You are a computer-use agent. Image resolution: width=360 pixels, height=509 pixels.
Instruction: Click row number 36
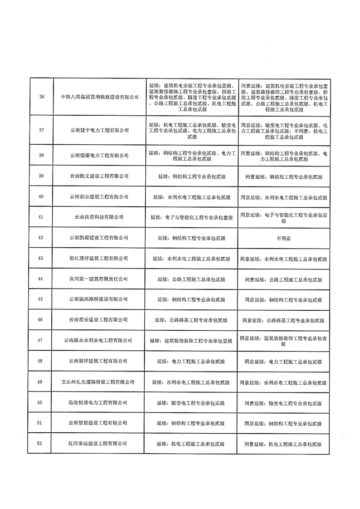coord(42,97)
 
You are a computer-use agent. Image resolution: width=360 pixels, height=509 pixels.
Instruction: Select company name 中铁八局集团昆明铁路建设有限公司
coord(99,97)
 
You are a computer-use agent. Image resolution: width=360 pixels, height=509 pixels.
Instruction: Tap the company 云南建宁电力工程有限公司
coord(99,130)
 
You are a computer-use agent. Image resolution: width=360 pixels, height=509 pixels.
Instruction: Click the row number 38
coord(42,155)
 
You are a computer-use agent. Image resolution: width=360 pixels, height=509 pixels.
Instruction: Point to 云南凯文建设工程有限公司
coord(99,176)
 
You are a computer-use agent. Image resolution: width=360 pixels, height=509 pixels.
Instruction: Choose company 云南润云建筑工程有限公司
coord(99,197)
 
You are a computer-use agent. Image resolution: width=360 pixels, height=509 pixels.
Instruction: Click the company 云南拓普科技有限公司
coord(99,217)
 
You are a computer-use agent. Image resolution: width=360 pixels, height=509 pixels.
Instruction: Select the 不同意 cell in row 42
coord(283,238)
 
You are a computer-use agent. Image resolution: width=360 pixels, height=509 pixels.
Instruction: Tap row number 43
coord(42,258)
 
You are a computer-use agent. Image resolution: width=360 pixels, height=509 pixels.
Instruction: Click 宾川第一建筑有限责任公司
coord(99,279)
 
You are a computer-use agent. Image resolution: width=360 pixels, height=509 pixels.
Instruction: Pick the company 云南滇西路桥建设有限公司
coord(99,299)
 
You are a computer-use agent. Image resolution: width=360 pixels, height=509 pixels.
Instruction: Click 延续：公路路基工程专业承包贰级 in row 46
coord(191,320)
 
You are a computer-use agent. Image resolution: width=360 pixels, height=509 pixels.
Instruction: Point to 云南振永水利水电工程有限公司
coord(99,341)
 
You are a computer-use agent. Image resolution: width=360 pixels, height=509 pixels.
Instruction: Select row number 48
coord(42,361)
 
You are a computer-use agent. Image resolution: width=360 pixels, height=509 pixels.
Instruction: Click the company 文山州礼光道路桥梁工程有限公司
coord(99,382)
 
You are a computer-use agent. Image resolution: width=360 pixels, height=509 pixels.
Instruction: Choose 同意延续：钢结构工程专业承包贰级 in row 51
coord(283,423)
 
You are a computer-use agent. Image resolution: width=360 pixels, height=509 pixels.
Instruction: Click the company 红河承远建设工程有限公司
coord(99,444)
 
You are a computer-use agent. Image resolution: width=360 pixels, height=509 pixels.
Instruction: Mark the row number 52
coord(42,444)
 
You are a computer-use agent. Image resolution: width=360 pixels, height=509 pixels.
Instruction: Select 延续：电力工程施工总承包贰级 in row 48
coord(191,361)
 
